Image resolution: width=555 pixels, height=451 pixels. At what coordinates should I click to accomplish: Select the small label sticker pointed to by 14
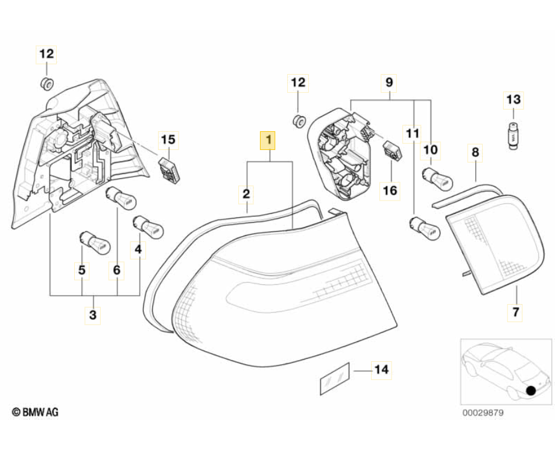[334, 378]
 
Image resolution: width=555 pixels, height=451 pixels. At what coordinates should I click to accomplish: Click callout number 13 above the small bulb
[513, 99]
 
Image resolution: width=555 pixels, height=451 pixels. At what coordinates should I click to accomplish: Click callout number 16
[390, 190]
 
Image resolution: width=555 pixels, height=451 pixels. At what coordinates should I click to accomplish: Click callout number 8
[475, 153]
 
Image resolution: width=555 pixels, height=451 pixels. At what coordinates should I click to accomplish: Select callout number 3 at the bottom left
[92, 314]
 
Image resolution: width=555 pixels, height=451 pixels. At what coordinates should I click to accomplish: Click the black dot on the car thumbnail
[531, 390]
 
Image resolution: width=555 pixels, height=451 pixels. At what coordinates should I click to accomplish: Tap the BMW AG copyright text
[36, 412]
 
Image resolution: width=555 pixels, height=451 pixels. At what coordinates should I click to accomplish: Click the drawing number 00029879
[483, 413]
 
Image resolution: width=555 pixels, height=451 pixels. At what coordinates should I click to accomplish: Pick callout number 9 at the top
[389, 82]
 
